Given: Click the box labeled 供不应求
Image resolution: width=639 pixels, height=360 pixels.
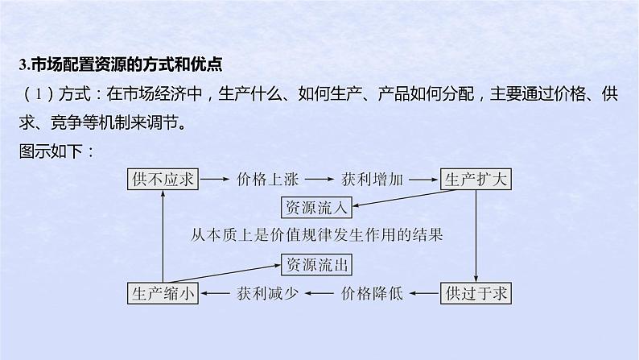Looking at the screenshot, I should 163,180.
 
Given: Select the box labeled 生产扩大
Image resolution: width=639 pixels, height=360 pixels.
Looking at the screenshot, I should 476,180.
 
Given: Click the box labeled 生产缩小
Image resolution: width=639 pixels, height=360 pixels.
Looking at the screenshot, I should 163,293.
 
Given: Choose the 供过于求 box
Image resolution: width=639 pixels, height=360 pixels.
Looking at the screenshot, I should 476,293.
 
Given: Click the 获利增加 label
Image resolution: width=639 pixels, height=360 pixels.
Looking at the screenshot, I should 373,180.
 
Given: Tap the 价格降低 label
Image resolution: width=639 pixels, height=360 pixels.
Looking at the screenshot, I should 373,293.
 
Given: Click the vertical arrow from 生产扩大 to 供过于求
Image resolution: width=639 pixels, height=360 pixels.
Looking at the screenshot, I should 476,236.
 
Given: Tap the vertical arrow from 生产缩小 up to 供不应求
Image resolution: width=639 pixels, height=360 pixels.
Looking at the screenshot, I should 163,236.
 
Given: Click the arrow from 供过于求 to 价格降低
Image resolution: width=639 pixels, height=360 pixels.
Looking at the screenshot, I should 423,293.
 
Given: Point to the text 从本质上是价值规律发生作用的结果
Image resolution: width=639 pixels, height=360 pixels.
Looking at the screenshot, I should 317,235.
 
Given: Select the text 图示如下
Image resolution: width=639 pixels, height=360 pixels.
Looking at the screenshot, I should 56,151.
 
